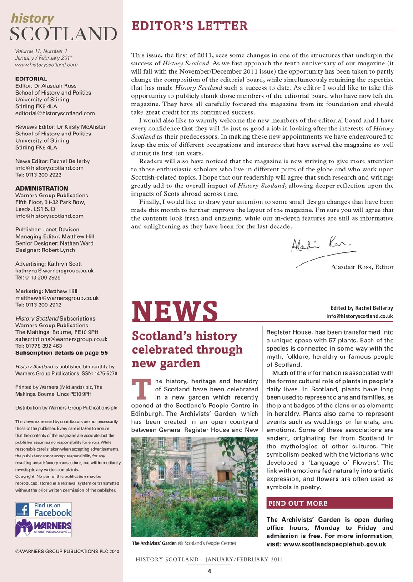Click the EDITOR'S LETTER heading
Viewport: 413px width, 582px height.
tap(189, 25)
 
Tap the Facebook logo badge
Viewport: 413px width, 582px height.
tap(44, 509)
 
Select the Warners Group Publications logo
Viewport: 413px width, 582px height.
tap(44, 528)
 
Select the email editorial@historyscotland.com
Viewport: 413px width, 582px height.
tap(55, 113)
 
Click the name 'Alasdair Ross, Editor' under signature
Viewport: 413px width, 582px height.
tap(362, 267)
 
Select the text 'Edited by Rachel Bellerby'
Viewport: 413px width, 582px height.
tap(358, 307)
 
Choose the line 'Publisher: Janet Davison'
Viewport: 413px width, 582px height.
tap(47, 230)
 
